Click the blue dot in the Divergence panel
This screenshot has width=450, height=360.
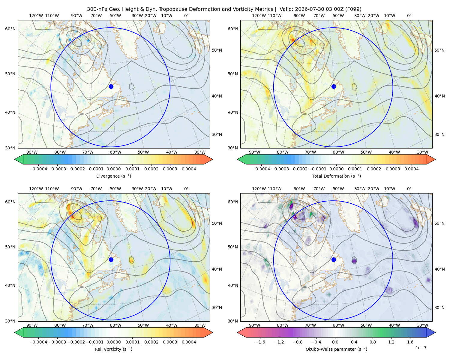coord(111,86)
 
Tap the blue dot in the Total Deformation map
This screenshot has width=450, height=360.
coord(334,86)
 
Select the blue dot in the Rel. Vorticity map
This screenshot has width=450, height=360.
coord(111,259)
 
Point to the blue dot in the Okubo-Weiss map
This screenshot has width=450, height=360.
coord(334,259)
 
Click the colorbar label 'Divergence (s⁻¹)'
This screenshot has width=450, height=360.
coord(113,176)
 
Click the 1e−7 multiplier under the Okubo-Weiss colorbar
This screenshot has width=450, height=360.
coord(421,348)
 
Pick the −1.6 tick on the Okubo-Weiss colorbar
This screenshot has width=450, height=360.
coord(260,342)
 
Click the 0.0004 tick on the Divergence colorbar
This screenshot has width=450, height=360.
coord(189,169)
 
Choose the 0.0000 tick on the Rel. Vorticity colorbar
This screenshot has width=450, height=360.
coord(113,342)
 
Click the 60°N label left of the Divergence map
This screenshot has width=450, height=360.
coord(10,29)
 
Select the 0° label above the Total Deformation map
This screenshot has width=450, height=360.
coord(409,16)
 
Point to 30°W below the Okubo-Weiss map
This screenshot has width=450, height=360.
coord(423,325)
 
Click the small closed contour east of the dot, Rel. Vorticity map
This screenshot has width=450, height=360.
coord(131,260)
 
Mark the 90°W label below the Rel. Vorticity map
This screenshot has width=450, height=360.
coord(32,325)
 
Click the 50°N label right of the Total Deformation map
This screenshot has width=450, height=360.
coord(439,50)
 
